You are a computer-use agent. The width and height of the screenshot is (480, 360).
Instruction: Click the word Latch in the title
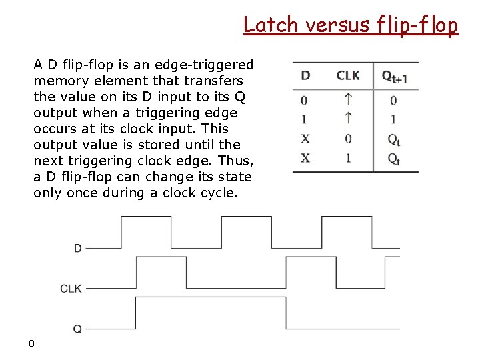tap(270, 25)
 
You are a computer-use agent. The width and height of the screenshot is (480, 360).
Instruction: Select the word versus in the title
tap(337, 25)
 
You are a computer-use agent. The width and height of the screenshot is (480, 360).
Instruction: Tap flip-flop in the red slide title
tap(418, 25)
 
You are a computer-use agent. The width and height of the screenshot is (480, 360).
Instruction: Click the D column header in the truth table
tap(305, 75)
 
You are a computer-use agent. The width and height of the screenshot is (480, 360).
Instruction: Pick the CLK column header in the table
tap(348, 75)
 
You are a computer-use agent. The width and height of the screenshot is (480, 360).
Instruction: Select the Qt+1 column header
tap(394, 77)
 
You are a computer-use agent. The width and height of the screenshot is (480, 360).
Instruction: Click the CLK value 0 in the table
tap(348, 139)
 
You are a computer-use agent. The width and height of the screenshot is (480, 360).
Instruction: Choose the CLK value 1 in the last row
tap(348, 158)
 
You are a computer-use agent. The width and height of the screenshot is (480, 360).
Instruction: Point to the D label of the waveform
tap(77, 249)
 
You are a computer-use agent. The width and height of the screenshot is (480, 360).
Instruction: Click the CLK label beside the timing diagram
tap(71, 289)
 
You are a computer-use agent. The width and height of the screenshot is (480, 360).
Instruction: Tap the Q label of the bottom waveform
tap(77, 329)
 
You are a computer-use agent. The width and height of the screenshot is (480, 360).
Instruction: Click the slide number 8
tap(31, 343)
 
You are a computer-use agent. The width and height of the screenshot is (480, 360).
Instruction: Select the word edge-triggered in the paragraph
tap(204, 65)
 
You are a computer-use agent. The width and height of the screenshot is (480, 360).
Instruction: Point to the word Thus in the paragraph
tap(237, 161)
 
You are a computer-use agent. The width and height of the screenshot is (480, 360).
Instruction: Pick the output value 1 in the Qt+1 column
tap(393, 119)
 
